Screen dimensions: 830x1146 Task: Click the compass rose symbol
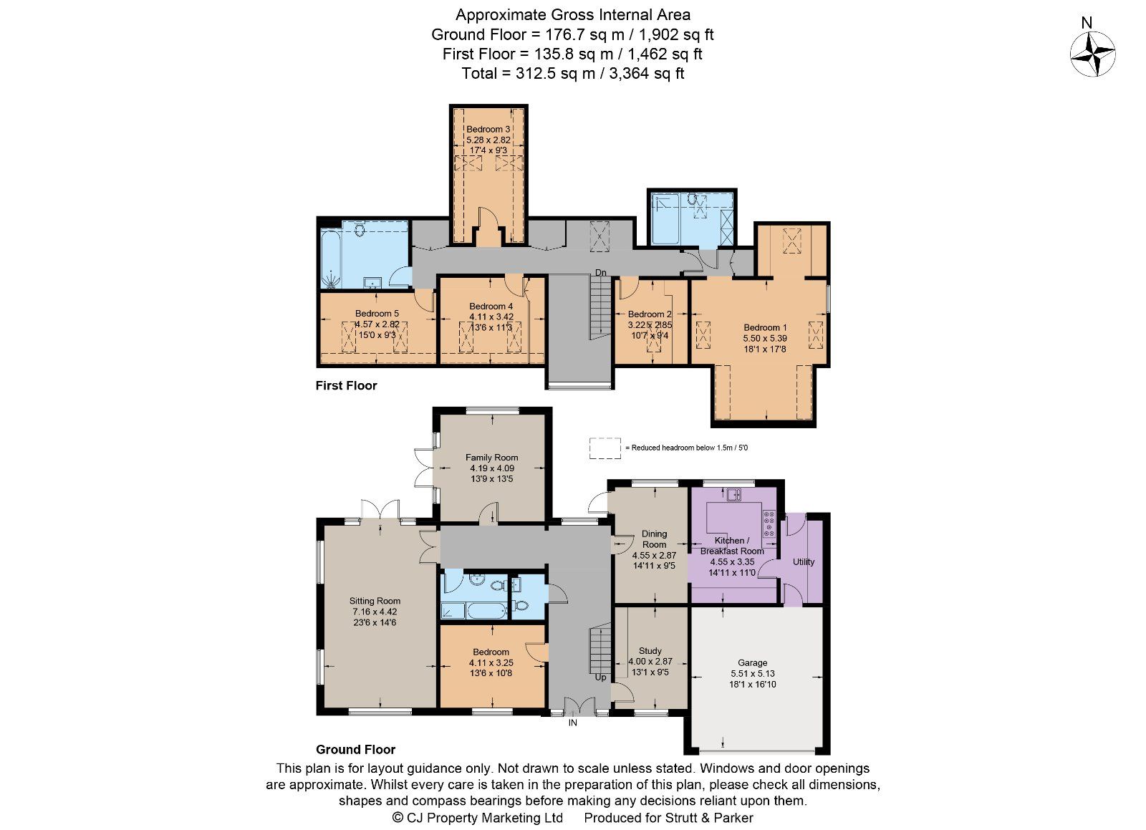pos(1092,54)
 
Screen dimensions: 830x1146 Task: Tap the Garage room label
pos(753,663)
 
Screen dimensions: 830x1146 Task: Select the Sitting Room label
pos(375,602)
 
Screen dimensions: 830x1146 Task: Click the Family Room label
pos(491,458)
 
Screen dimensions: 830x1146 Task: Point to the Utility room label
pos(804,562)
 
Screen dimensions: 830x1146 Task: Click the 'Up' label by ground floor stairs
pos(600,677)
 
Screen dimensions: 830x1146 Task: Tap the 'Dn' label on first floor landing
pos(602,273)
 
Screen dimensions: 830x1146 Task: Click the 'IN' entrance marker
pos(573,723)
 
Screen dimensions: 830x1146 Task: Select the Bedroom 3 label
pos(488,130)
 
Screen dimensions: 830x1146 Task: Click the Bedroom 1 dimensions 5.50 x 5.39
pos(765,338)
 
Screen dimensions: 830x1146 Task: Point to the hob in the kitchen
pos(770,523)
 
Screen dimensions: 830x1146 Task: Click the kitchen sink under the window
pos(733,494)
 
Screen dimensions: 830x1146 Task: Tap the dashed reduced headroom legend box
pos(605,448)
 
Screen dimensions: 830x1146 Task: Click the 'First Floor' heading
pos(346,386)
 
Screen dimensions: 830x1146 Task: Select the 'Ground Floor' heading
pos(355,750)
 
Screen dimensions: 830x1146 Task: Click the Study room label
pos(650,651)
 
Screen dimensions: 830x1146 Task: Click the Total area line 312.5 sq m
pos(572,73)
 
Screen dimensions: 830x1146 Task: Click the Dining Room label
pos(654,539)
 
